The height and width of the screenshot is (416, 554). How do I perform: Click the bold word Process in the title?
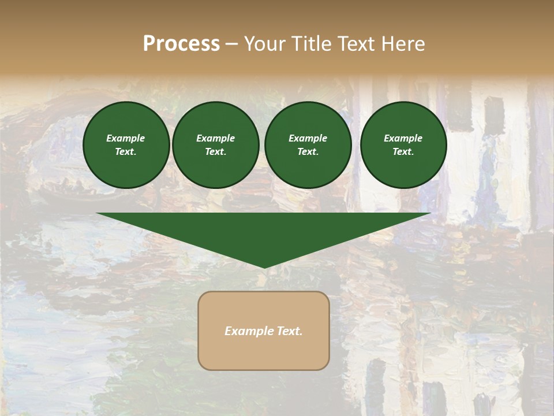coord(181,44)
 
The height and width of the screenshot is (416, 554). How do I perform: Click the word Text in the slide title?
coord(355,44)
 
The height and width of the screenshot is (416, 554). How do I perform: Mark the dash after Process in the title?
coord(231,44)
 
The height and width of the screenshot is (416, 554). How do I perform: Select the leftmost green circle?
coord(126,145)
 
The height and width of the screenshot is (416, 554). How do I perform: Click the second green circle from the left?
coord(216,145)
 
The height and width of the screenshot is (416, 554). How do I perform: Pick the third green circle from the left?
coord(308,145)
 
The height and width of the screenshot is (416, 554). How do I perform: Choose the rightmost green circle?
coord(403,145)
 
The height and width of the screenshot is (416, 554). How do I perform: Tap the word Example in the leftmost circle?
coord(126,138)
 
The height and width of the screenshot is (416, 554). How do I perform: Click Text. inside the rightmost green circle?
coord(403,152)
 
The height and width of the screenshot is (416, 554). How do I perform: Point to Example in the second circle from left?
coord(216,138)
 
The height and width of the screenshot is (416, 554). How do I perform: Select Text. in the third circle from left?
coord(308,152)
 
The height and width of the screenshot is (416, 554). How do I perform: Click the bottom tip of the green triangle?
coord(264,266)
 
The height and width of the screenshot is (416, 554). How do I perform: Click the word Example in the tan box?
coord(247,331)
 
